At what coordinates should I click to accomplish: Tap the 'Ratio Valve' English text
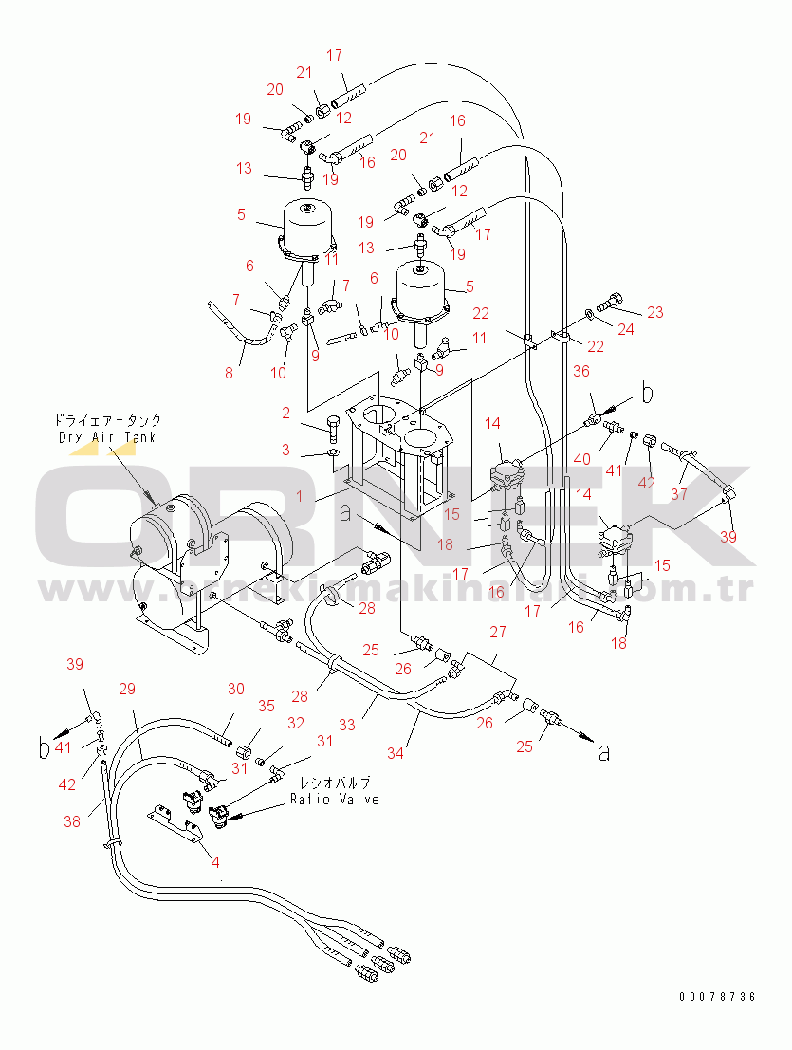(335, 799)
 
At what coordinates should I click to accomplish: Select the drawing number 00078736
(717, 997)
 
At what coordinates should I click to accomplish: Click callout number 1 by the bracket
(215, 862)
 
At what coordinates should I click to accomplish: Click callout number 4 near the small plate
(215, 862)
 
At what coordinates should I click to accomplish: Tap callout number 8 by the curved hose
(229, 373)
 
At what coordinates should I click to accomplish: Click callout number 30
(236, 690)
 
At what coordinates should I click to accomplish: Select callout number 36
(580, 373)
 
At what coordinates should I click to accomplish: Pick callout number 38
(72, 822)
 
